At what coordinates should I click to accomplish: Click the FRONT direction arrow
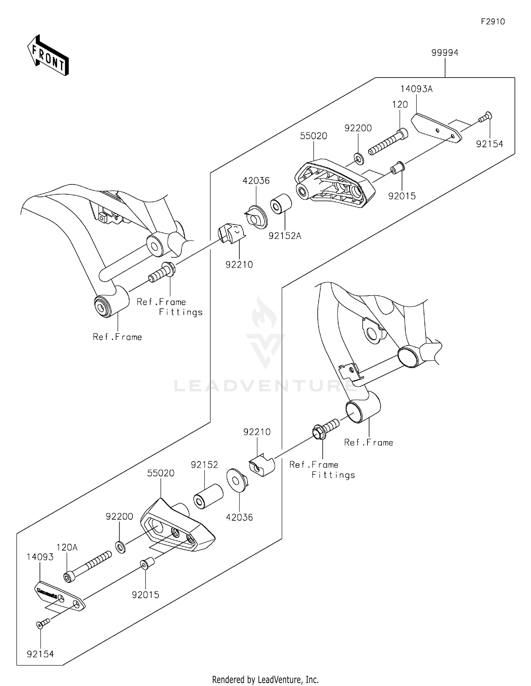[x=48, y=56]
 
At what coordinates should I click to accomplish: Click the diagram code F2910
[x=493, y=22]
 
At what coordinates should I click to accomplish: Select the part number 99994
[x=445, y=53]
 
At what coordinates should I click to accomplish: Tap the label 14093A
[x=416, y=89]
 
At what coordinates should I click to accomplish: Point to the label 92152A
[x=285, y=236]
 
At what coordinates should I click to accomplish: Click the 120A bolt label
[x=67, y=548]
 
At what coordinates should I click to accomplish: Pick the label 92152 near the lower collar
[x=204, y=465]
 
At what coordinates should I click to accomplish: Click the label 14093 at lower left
[x=40, y=557]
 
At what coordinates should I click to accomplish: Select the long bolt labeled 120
[x=388, y=142]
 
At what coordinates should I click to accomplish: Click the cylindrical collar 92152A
[x=281, y=204]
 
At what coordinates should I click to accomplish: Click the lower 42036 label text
[x=239, y=518]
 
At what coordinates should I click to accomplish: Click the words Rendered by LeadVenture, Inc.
[x=265, y=679]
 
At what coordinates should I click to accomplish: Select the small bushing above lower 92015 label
[x=146, y=563]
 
